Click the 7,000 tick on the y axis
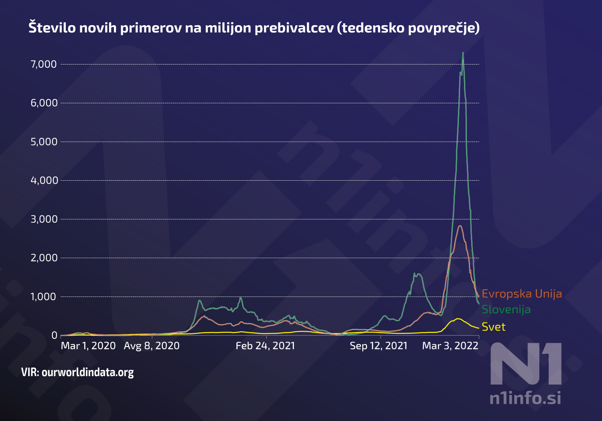coord(44,64)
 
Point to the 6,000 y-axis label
coord(44,103)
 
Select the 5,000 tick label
coord(44,142)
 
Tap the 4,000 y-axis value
coord(44,180)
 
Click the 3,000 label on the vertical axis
coord(44,219)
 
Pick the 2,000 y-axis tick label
coord(44,258)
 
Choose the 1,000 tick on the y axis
coord(44,297)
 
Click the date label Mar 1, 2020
coord(88,346)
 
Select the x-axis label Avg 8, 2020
coord(152,346)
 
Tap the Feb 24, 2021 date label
coord(265,346)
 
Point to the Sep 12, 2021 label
coord(379,346)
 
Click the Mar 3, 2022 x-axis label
coord(450,346)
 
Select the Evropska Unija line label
coord(521,294)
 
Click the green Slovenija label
coord(506,310)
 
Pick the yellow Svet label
coord(493,327)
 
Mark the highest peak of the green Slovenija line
coord(463,53)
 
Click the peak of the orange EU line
coord(460,226)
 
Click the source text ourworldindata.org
coord(87,373)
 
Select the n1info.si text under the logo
coord(525,398)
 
